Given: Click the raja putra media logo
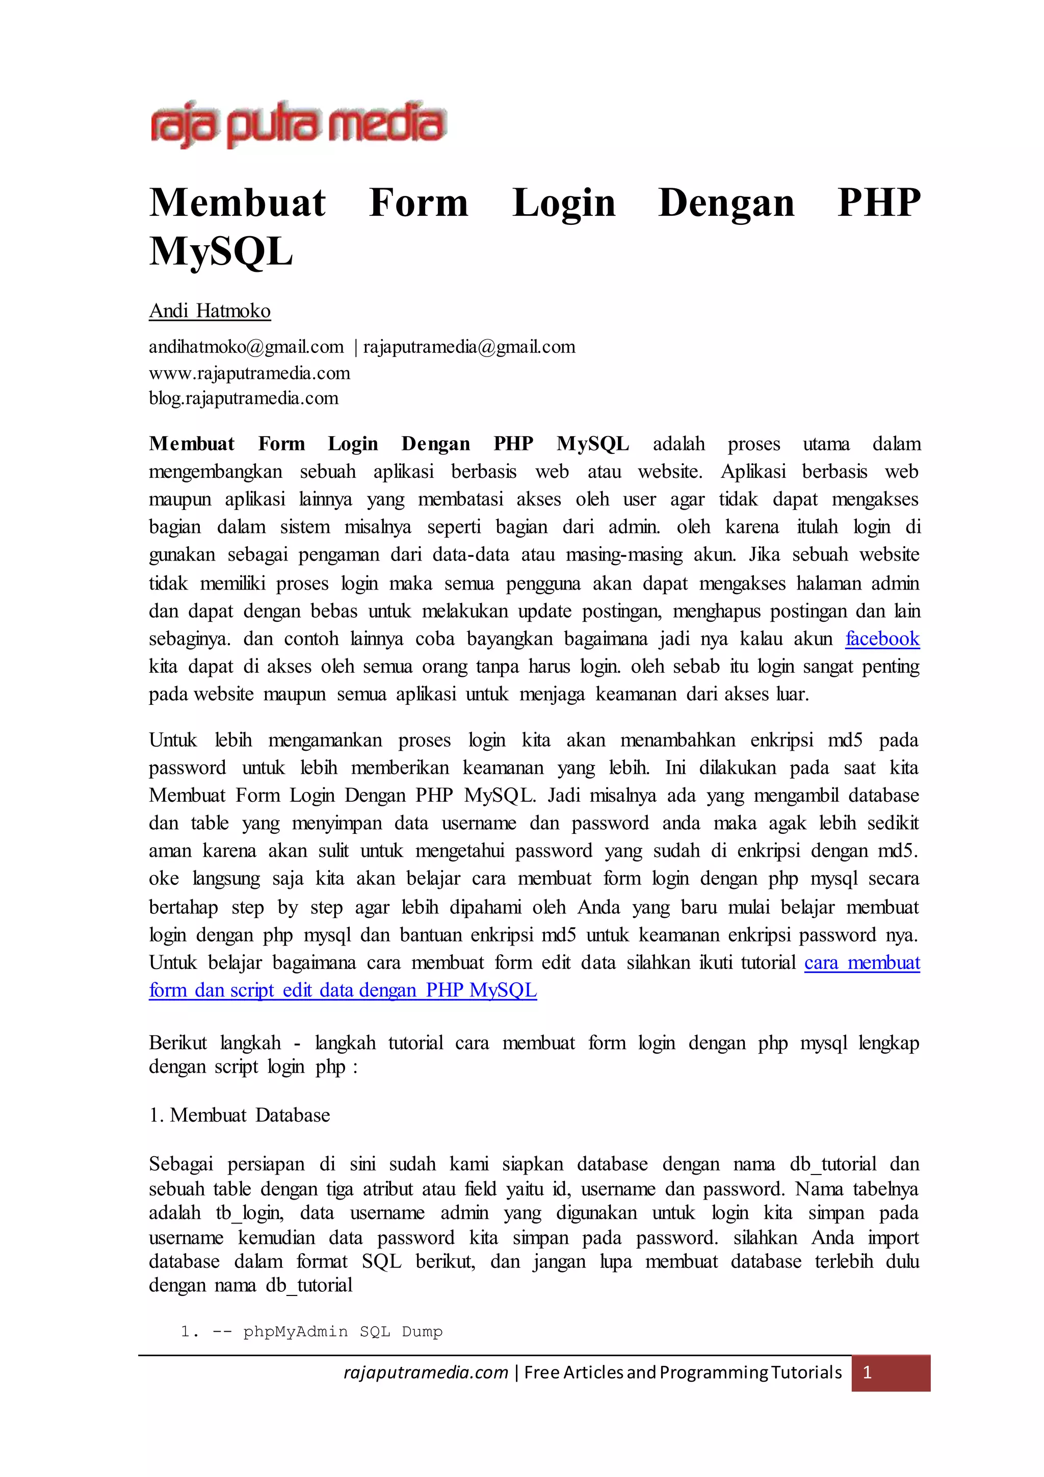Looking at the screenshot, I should pyautogui.click(x=298, y=125).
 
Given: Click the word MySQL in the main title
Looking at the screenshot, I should pyautogui.click(x=221, y=251).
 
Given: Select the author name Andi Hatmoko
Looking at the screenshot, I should pyautogui.click(x=210, y=311).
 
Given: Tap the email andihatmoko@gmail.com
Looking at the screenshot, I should pyautogui.click(x=246, y=347).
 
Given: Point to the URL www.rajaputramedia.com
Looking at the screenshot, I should pyautogui.click(x=249, y=373).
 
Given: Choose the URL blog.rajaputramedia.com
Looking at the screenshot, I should pyautogui.click(x=244, y=398).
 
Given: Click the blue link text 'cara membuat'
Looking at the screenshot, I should pyautogui.click(x=862, y=963).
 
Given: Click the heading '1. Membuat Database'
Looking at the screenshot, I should pyautogui.click(x=240, y=1115).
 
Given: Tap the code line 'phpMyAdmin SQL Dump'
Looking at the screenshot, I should pyautogui.click(x=343, y=1332).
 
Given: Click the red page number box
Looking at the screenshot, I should pyautogui.click(x=891, y=1373).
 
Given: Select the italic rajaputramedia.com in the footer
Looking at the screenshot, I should pyautogui.click(x=426, y=1373).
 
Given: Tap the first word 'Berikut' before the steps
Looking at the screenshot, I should pyautogui.click(x=178, y=1043).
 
